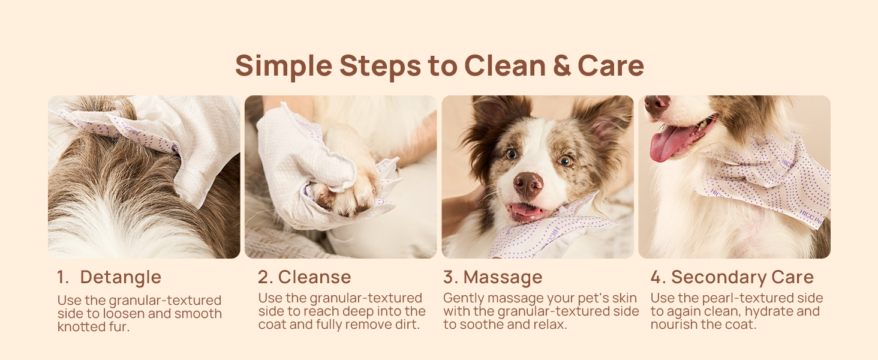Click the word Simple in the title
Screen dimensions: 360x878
click(x=282, y=65)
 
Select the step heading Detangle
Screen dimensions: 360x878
click(x=121, y=277)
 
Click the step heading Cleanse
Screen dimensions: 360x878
click(x=314, y=277)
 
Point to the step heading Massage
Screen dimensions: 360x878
click(x=503, y=277)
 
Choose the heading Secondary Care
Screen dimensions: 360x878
click(x=742, y=277)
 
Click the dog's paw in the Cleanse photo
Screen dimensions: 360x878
click(x=345, y=195)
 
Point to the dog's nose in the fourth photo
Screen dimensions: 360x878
click(x=657, y=104)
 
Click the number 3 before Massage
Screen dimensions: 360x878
click(x=449, y=277)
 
